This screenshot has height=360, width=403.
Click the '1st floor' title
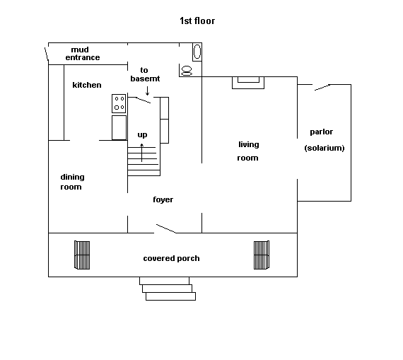pyautogui.click(x=197, y=21)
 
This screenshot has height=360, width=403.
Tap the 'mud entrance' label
pyautogui.click(x=83, y=54)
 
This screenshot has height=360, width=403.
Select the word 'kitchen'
pyautogui.click(x=87, y=85)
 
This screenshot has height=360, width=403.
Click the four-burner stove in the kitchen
pyautogui.click(x=119, y=103)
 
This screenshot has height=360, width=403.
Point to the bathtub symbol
pyautogui.click(x=197, y=52)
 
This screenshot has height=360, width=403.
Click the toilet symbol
pyautogui.click(x=187, y=71)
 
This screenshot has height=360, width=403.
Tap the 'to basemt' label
pyautogui.click(x=145, y=74)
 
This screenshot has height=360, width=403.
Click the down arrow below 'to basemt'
pyautogui.click(x=147, y=91)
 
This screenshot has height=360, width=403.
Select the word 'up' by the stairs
pyautogui.click(x=142, y=135)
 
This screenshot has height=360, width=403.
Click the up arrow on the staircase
pyautogui.click(x=141, y=153)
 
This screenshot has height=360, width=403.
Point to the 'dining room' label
pyautogui.click(x=72, y=182)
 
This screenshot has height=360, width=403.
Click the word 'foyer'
pyautogui.click(x=163, y=199)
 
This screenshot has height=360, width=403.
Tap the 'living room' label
pyautogui.click(x=248, y=151)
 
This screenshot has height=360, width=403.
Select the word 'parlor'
pyautogui.click(x=321, y=132)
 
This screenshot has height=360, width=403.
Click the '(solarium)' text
pyautogui.click(x=325, y=148)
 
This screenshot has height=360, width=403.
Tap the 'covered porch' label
pyautogui.click(x=171, y=258)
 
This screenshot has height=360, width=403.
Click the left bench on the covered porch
pyautogui.click(x=82, y=255)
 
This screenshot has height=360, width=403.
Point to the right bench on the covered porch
pyautogui.click(x=262, y=255)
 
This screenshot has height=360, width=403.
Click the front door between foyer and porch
pyautogui.click(x=166, y=229)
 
